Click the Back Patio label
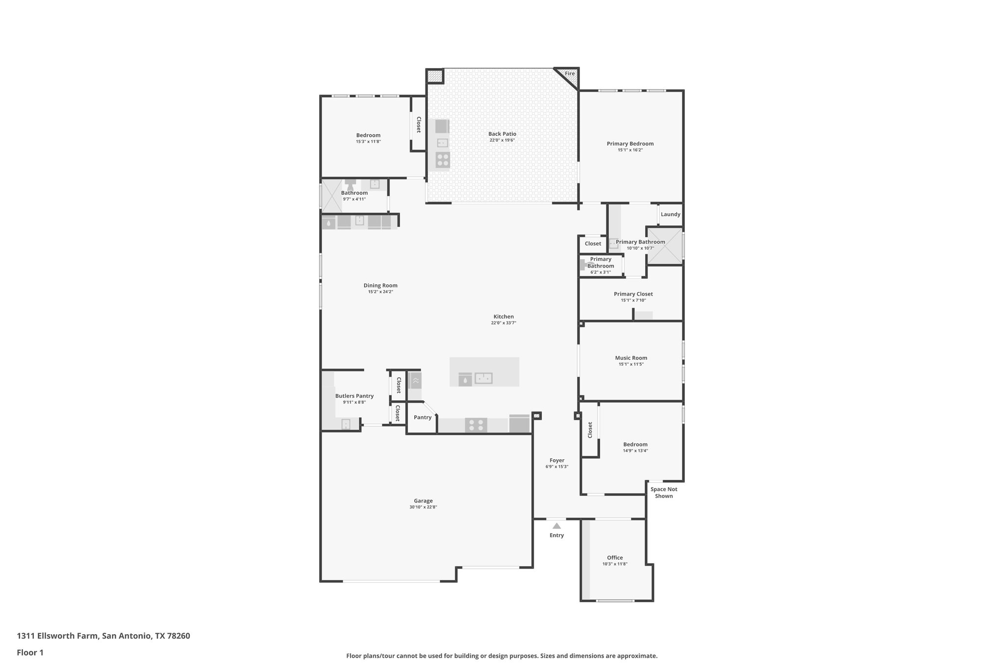pyautogui.click(x=502, y=134)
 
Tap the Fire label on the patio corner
pyautogui.click(x=570, y=74)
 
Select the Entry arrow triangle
pyautogui.click(x=556, y=526)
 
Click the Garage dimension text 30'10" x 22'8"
pyautogui.click(x=423, y=507)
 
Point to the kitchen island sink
pyautogui.click(x=483, y=378)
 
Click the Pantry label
pyautogui.click(x=422, y=418)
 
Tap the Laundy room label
pyautogui.click(x=670, y=214)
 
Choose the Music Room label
pyautogui.click(x=631, y=358)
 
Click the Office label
pyautogui.click(x=615, y=558)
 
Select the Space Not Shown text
pyautogui.click(x=664, y=493)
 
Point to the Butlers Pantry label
pyautogui.click(x=354, y=396)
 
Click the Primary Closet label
pyautogui.click(x=633, y=294)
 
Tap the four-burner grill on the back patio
pyautogui.click(x=442, y=160)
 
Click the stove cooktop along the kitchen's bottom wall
pyautogui.click(x=476, y=425)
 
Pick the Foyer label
pyautogui.click(x=557, y=460)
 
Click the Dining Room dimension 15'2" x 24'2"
pyautogui.click(x=380, y=292)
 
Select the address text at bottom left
pyautogui.click(x=103, y=636)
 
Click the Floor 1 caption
pyautogui.click(x=30, y=652)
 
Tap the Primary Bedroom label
pyautogui.click(x=630, y=144)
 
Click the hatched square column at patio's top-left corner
pyautogui.click(x=434, y=76)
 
